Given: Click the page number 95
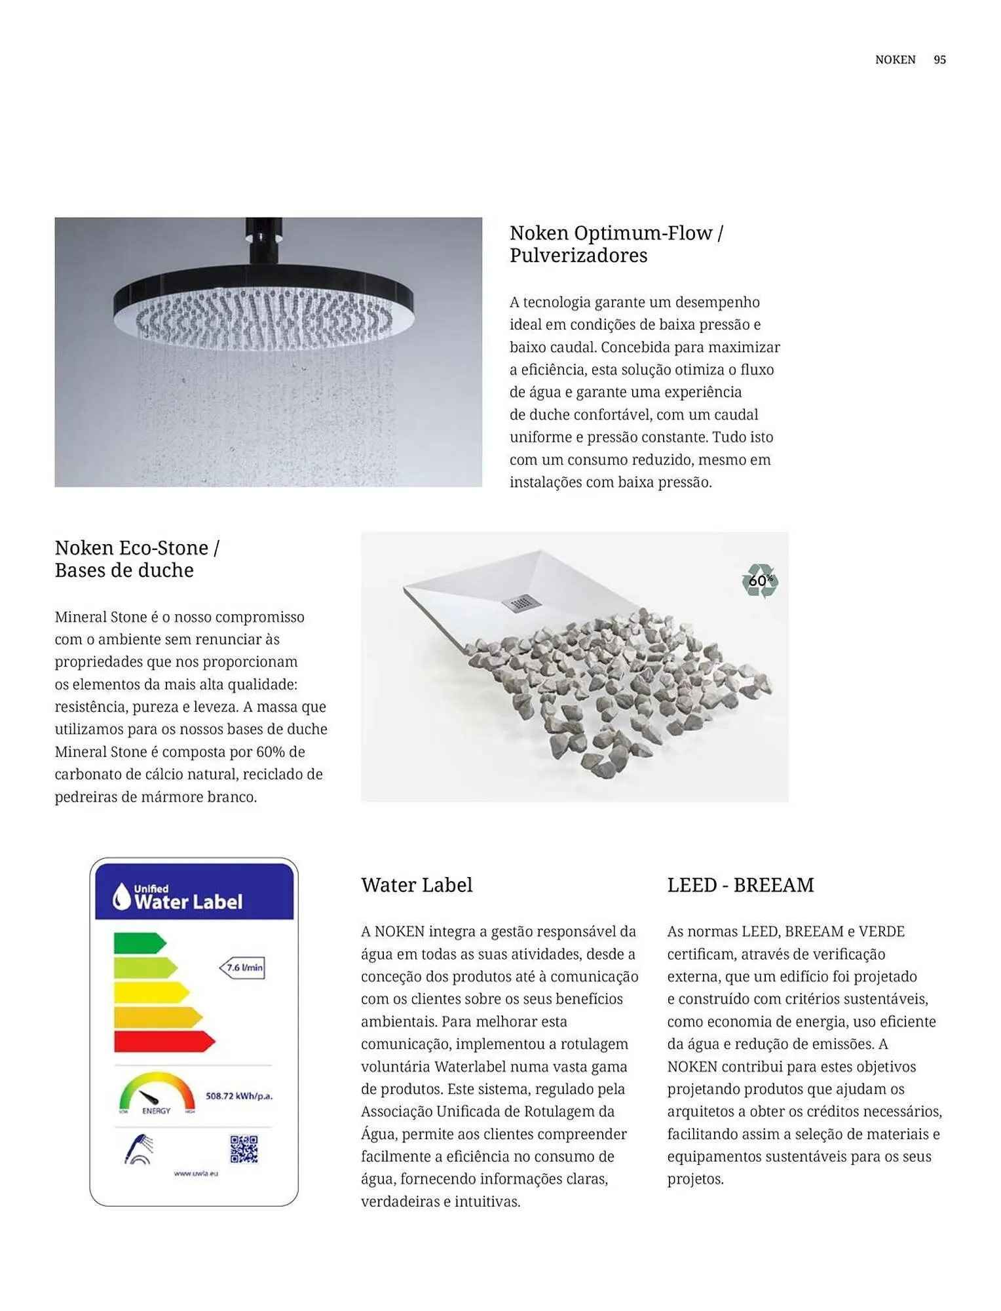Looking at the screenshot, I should point(939,60).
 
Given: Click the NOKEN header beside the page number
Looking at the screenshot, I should point(895,60).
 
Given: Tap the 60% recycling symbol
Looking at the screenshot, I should point(760,581).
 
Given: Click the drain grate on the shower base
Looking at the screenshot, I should point(519,602).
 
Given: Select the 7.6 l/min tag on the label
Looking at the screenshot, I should point(243,968).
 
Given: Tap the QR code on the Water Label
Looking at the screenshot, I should point(244,1149).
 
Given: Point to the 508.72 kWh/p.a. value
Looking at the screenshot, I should point(238,1096).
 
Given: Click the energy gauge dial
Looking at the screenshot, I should point(157,1093).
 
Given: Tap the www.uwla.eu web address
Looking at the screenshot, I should point(195,1173).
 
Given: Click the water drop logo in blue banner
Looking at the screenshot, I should point(122,896).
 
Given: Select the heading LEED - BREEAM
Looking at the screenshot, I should point(740,885).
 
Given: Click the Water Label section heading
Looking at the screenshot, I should point(417,885).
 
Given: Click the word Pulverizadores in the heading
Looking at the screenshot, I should point(578,256).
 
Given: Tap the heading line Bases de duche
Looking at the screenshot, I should point(124,570).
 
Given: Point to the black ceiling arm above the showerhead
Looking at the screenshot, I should point(263,240).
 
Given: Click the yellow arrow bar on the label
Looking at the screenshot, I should point(151,992).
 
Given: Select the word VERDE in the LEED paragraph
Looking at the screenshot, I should point(881,931).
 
